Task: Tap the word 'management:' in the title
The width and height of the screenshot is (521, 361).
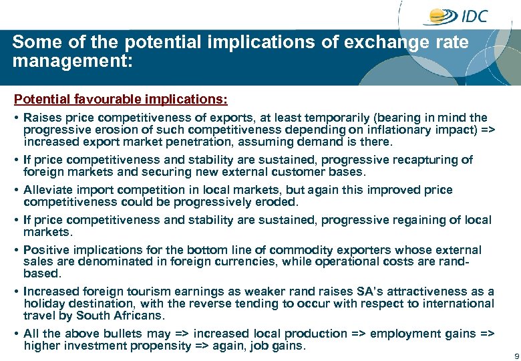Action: tap(73, 62)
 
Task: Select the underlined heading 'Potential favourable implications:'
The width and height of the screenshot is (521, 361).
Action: tap(121, 100)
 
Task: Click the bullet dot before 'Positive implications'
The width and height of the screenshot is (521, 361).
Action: tap(16, 250)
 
